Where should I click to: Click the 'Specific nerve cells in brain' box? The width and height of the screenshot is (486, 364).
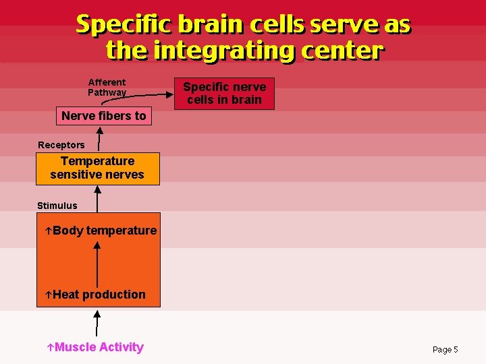[x=224, y=94]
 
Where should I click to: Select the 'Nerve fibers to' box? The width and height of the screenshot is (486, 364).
[x=103, y=116]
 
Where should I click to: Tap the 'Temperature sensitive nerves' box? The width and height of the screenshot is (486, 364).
[x=98, y=168]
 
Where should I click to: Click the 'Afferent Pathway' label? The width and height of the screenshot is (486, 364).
[x=107, y=88]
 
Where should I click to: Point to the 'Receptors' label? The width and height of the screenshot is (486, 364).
[x=61, y=145]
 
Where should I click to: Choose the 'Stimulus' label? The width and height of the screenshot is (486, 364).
[x=57, y=206]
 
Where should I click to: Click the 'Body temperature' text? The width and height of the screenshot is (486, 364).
[x=104, y=231]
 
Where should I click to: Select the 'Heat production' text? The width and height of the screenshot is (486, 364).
[x=99, y=295]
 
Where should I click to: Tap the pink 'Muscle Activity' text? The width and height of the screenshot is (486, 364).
[x=99, y=347]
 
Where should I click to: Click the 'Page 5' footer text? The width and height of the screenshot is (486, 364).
[x=445, y=349]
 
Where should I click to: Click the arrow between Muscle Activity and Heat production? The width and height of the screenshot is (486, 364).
[x=97, y=322]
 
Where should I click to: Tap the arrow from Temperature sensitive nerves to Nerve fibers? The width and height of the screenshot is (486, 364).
[x=99, y=139]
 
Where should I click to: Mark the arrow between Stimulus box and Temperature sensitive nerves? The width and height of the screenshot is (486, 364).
[x=98, y=199]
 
